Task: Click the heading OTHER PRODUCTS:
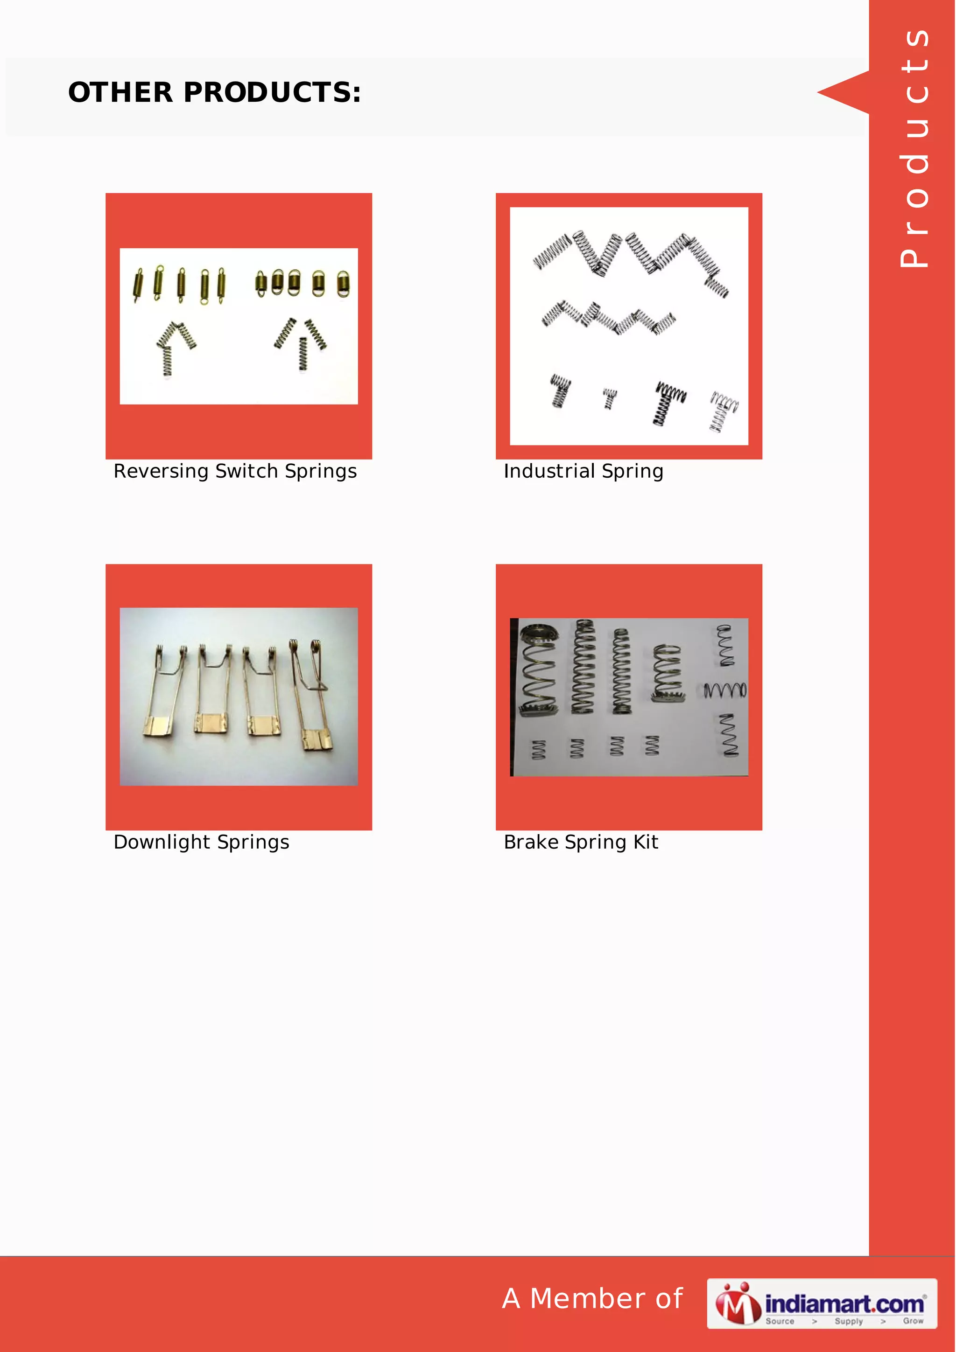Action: (214, 92)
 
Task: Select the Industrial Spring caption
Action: (583, 471)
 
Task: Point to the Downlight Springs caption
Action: (202, 842)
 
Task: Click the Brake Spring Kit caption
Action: (581, 842)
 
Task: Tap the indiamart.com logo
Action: (821, 1303)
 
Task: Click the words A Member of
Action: (592, 1298)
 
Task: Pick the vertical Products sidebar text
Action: (914, 147)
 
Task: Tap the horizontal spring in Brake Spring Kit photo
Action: (725, 690)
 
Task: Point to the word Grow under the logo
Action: (913, 1321)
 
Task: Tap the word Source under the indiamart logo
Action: (780, 1321)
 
